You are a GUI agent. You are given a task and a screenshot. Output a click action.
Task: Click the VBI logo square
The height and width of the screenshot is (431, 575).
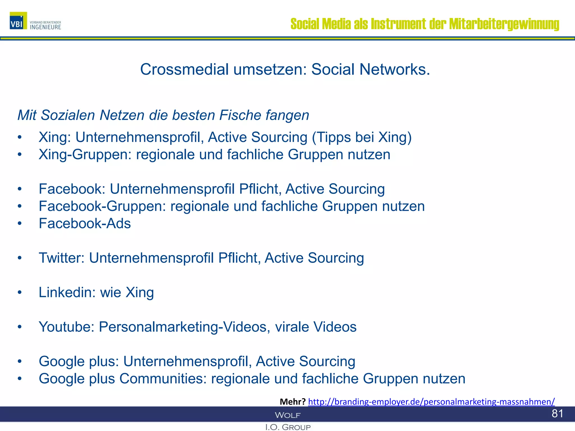coord(18,20)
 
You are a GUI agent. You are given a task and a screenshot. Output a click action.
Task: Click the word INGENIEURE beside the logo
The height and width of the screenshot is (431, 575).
coord(45,27)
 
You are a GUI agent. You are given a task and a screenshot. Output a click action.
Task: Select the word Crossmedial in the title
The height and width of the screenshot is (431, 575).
coord(184,69)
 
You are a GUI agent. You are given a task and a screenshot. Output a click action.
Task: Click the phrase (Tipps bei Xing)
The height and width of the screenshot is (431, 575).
coord(362,137)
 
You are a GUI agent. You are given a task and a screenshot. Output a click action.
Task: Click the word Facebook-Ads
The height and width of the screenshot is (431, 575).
coord(85,224)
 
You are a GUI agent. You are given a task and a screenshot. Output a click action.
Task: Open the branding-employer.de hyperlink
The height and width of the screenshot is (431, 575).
coord(431,402)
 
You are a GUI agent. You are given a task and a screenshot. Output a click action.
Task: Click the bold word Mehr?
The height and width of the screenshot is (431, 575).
coord(292,402)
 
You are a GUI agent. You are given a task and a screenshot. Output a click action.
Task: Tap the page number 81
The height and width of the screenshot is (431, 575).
coord(557,414)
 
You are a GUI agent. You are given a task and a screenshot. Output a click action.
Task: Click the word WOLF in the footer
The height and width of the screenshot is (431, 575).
coord(287,415)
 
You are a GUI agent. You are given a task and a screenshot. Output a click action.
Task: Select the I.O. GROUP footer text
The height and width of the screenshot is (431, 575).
coord(288,427)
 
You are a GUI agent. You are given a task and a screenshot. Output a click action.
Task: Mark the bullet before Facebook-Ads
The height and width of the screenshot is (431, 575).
coord(19,224)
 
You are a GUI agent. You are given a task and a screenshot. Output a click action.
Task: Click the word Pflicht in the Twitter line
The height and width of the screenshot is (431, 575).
coord(239,258)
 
